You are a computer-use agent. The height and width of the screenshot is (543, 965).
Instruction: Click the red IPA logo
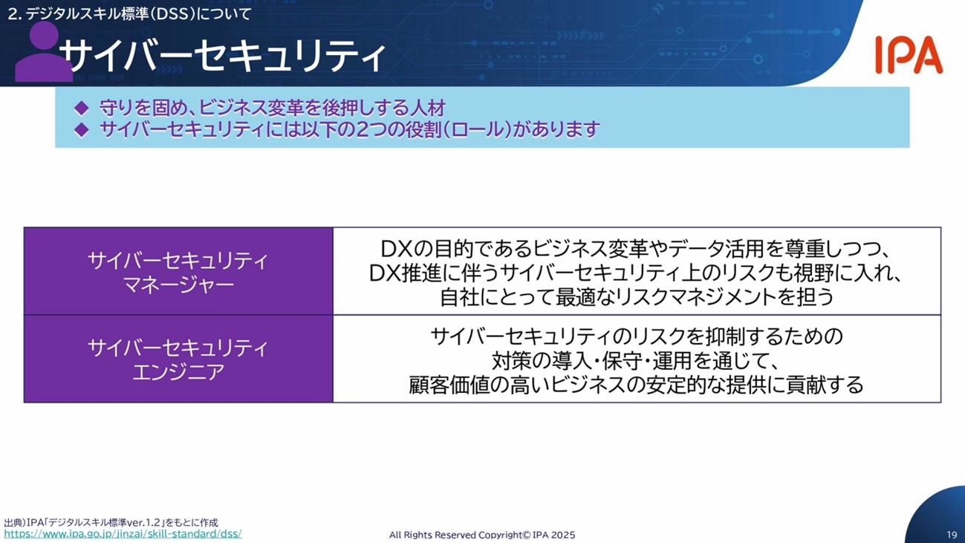coord(909,55)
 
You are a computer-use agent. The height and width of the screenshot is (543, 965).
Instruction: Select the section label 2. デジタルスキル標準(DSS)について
coord(129,14)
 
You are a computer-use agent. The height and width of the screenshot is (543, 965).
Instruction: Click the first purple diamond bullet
coord(82,108)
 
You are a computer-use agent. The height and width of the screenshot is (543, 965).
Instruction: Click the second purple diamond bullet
coord(82,129)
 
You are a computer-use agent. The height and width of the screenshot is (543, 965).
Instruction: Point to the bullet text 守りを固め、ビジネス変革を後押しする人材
coord(273,108)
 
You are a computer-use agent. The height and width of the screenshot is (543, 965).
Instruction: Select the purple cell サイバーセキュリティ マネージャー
coord(178,271)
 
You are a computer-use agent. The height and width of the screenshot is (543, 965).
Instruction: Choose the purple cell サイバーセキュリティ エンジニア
coord(178,359)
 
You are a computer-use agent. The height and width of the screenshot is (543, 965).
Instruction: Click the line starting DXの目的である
coord(636,248)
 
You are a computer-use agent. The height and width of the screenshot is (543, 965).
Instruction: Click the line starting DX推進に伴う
coord(636,273)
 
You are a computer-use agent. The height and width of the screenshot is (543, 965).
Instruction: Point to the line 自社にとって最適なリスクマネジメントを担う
coord(637,297)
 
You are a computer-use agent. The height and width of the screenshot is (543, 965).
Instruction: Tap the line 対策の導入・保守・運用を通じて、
coord(636,360)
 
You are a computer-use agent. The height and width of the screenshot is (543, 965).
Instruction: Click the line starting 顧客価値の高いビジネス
coord(636,385)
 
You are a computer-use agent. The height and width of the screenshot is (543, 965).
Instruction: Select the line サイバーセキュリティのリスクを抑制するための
coord(637,336)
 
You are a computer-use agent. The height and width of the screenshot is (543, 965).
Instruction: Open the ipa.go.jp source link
coord(123,534)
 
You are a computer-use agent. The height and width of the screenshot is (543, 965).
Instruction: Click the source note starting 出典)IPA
coord(111,522)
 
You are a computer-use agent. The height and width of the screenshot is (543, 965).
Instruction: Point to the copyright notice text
coord(482,535)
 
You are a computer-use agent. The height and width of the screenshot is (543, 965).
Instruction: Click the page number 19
coord(952,535)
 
